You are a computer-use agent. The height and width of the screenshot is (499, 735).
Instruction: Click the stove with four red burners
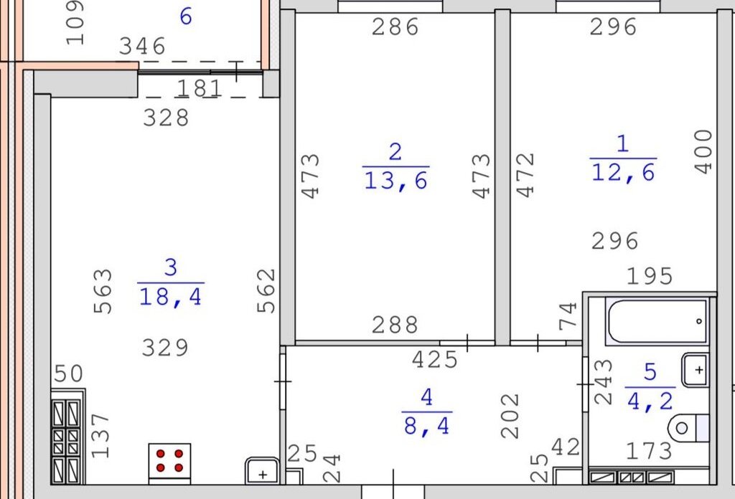(169, 463)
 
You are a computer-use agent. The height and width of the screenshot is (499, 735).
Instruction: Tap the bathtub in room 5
(657, 321)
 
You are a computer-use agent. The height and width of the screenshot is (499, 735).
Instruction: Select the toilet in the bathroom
(688, 427)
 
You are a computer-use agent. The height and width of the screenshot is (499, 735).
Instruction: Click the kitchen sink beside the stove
(262, 471)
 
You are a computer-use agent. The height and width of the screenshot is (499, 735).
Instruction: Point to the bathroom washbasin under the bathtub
(695, 370)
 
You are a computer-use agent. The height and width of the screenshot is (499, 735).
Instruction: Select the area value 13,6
(396, 181)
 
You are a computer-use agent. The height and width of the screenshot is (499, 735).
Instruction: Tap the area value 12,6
(623, 172)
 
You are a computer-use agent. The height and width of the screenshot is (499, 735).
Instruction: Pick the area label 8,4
(426, 426)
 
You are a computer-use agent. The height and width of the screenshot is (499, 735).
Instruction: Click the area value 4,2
(650, 401)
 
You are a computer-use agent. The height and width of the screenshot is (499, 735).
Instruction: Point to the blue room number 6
(186, 16)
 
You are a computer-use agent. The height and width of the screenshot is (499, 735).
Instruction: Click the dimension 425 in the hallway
(434, 360)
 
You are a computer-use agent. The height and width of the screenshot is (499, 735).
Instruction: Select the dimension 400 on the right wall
(703, 152)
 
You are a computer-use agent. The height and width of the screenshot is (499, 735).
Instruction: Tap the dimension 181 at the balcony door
(200, 88)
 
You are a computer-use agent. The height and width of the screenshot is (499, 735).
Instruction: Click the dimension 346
(142, 47)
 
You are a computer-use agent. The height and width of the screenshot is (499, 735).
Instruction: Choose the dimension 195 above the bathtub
(650, 276)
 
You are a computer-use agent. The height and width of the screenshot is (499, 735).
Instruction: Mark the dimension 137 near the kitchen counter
(100, 435)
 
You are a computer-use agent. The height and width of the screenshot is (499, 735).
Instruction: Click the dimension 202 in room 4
(510, 416)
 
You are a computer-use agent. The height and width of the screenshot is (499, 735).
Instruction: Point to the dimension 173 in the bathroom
(649, 451)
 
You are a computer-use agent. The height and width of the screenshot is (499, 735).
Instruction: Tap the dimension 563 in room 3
(103, 290)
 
